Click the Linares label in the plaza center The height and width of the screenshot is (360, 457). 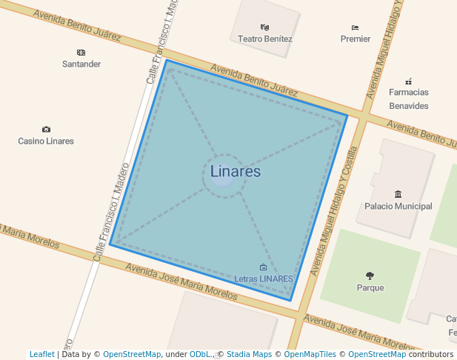coord(236,171)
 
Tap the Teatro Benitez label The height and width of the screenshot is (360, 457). coord(265,39)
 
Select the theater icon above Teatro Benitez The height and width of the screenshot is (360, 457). coord(265,27)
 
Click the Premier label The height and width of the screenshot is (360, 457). coord(356,39)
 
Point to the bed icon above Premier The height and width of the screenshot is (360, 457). coord(356,27)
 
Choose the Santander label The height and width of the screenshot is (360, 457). coord(81,64)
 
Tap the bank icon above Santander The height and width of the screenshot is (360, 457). coord(81,53)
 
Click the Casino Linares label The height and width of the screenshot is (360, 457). coord(46,141)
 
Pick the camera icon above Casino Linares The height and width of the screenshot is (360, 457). coord(46,130)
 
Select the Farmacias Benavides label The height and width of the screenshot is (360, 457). coord(409,99)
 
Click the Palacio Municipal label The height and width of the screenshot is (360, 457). coord(398,206)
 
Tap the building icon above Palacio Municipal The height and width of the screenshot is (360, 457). coord(398,195)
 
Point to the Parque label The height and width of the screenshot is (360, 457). coord(370,287)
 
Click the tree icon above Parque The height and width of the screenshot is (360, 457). coord(370,276)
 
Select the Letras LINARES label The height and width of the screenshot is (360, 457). coord(264,279)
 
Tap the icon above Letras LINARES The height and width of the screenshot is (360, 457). coord(263,267)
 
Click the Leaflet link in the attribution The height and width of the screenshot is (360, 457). coord(42,355)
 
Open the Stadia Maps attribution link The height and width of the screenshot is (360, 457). coord(249,355)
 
